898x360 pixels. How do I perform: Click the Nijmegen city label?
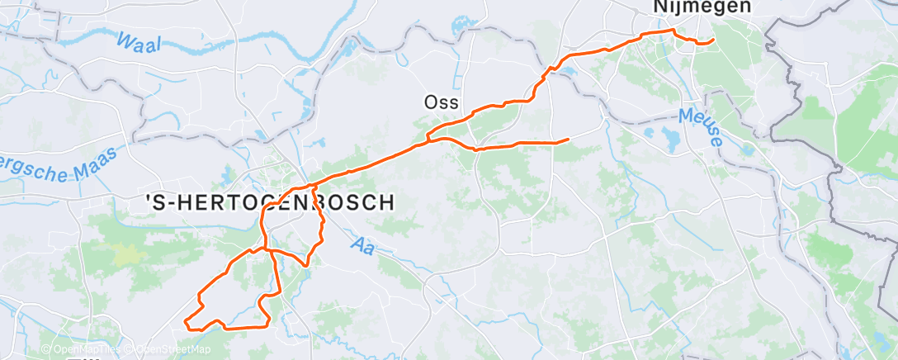point(692,7)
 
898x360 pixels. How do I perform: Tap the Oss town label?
point(441,102)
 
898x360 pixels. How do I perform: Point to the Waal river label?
point(139,43)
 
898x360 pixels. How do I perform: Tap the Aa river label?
point(362,244)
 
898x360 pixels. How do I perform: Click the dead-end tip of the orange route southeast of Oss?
point(569,139)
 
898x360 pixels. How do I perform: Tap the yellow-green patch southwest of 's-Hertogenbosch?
point(125,253)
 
